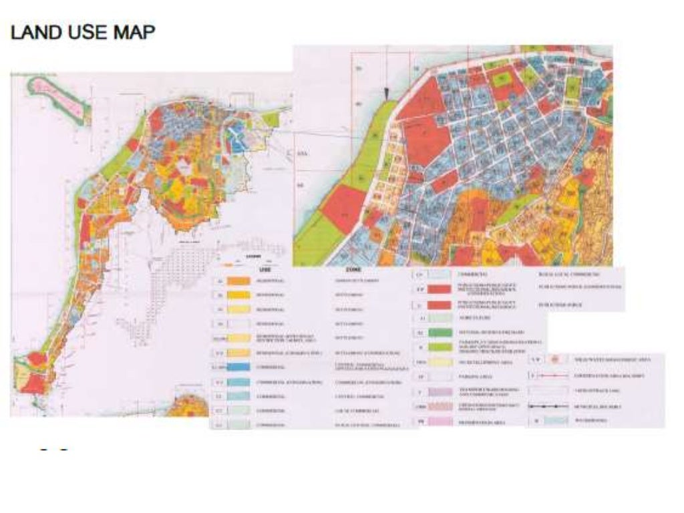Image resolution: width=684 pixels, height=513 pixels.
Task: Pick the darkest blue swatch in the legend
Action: pyautogui.click(x=238, y=367)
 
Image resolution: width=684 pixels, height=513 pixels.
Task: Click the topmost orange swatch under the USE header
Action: pyautogui.click(x=238, y=281)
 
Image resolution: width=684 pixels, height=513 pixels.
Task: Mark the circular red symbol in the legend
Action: pyautogui.click(x=552, y=359)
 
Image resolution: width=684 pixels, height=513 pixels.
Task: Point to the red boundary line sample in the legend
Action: pyautogui.click(x=552, y=376)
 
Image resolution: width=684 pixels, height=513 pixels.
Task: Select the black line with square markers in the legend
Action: pyautogui.click(x=552, y=405)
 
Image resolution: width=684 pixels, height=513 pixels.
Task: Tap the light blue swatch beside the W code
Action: pyautogui.click(x=552, y=421)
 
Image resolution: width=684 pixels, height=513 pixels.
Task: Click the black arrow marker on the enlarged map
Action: pyautogui.click(x=385, y=93)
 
